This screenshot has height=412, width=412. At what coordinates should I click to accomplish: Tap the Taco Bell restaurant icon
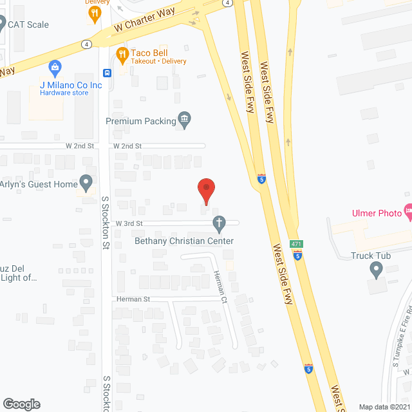click(x=121, y=53)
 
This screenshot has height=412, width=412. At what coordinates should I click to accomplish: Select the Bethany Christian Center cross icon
click(x=219, y=223)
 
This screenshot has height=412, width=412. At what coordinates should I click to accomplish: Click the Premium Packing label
click(x=140, y=120)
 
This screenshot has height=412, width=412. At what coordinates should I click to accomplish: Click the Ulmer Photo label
click(x=376, y=213)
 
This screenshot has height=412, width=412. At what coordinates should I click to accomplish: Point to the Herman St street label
click(x=133, y=299)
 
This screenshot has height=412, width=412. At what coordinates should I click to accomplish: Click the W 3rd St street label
click(x=129, y=223)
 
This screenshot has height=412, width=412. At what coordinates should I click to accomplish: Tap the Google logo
click(x=21, y=404)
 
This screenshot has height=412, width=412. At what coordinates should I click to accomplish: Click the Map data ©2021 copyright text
click(x=384, y=407)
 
